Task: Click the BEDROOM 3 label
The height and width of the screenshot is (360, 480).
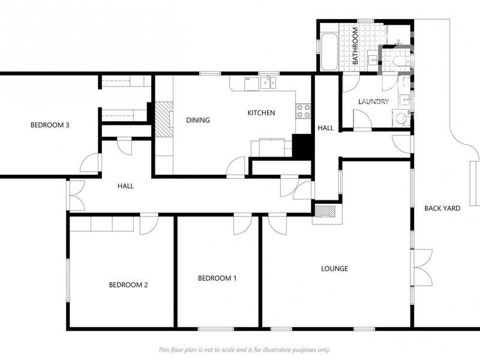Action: point(50,125)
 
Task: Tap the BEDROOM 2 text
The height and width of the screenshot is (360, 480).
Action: point(128,285)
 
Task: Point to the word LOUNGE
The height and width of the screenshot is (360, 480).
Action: point(334,269)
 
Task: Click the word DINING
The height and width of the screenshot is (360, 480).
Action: point(198,120)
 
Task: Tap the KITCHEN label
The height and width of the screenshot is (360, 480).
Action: point(262,113)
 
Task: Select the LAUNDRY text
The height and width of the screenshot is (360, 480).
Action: point(374,102)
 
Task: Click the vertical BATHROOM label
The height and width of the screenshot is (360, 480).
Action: point(355,46)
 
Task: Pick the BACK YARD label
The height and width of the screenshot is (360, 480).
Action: point(442,208)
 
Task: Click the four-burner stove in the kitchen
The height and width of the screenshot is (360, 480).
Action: point(303,110)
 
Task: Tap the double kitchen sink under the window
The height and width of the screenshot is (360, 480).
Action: point(267,83)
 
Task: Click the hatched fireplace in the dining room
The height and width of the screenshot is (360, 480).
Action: point(163,119)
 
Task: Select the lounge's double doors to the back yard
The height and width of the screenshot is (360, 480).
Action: point(422,267)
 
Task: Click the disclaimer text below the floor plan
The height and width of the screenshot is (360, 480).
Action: point(244,350)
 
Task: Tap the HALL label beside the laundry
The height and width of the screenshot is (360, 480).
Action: point(325,128)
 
